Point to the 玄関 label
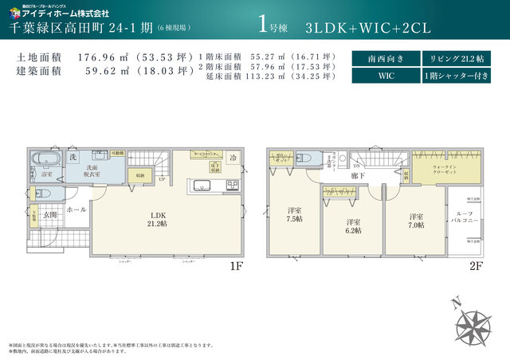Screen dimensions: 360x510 50,214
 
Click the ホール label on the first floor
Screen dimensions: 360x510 76,209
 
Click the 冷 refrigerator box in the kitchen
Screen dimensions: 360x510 232,158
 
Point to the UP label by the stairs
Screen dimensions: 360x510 163,178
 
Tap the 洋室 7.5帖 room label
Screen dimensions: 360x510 294,214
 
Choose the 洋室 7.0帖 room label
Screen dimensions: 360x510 415,221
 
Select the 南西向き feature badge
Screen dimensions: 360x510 384,59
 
